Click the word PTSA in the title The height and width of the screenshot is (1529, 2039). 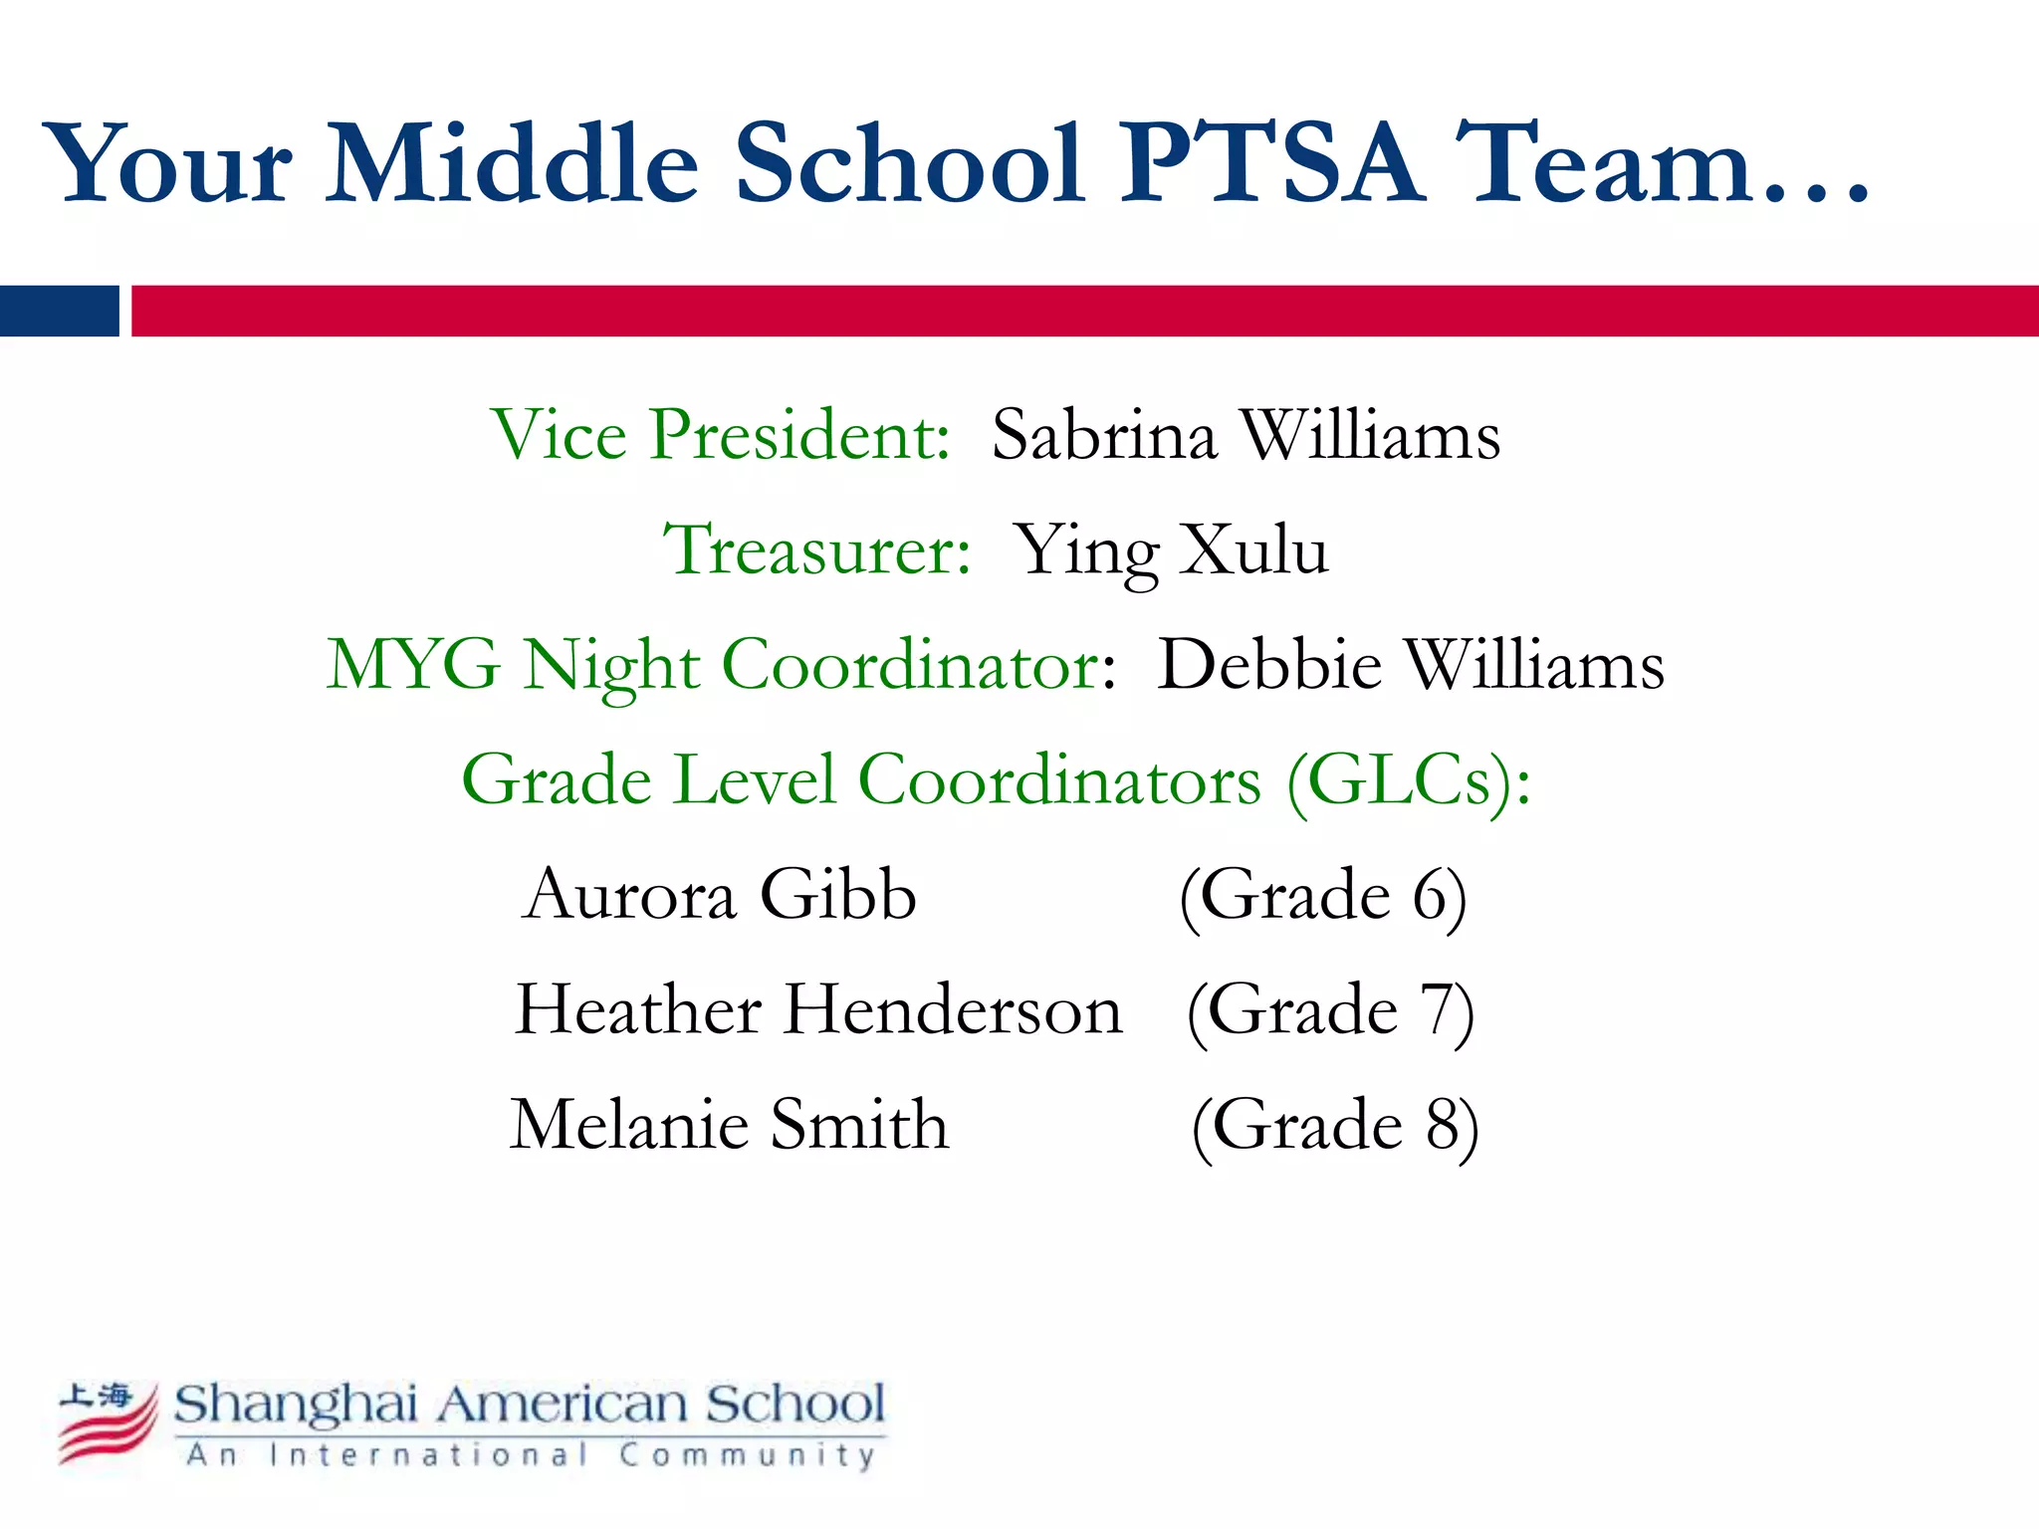point(1272,162)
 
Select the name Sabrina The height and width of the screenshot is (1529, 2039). point(1104,435)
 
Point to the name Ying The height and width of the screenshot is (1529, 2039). point(1085,551)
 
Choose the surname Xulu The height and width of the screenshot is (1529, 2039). point(1253,549)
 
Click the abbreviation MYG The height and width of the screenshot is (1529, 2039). point(413,664)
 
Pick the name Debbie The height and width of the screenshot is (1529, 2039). point(1269,664)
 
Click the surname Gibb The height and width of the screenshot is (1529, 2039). point(837,894)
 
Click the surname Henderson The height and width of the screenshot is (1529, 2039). point(953,1009)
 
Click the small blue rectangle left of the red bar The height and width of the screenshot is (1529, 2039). point(60,311)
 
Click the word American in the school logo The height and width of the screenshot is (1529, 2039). point(563,1405)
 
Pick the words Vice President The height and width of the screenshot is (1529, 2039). point(721,435)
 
